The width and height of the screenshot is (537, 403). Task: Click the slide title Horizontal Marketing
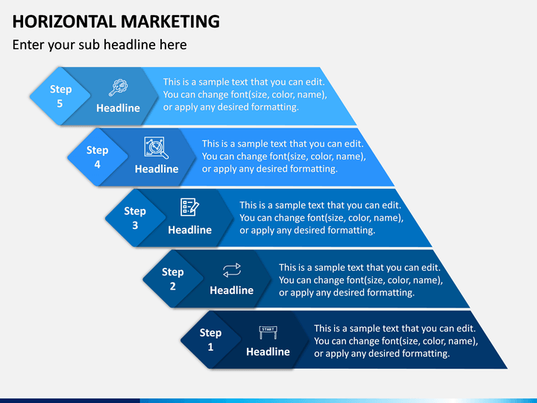coord(116,21)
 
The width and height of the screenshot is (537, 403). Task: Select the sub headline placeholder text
coord(99,45)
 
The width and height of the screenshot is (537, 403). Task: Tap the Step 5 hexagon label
coord(60,96)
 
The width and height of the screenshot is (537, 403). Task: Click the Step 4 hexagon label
coord(97,157)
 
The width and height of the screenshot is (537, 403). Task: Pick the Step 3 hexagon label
coord(135,218)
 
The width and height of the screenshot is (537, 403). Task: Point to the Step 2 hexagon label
coord(172,278)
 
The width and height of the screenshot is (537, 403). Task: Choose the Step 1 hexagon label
coord(210,340)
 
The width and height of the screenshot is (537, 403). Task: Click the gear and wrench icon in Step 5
coord(118,87)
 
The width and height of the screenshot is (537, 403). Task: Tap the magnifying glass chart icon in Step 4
coord(156,148)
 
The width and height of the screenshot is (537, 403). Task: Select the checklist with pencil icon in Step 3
coord(189,207)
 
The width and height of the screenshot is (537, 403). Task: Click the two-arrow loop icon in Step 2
coord(231,269)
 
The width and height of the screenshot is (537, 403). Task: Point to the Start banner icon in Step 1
coord(268,331)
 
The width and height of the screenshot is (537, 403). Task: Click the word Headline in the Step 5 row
coord(118,108)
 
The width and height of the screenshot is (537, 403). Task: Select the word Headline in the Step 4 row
coord(157,169)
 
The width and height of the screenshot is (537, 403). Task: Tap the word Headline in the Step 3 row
coord(189,230)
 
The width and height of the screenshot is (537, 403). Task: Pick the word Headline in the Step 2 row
coord(231,290)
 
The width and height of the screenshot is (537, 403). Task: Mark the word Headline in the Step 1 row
coord(268,352)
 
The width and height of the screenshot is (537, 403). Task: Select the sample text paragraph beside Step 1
coord(395,341)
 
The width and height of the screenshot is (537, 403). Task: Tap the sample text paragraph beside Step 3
coord(321,218)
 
